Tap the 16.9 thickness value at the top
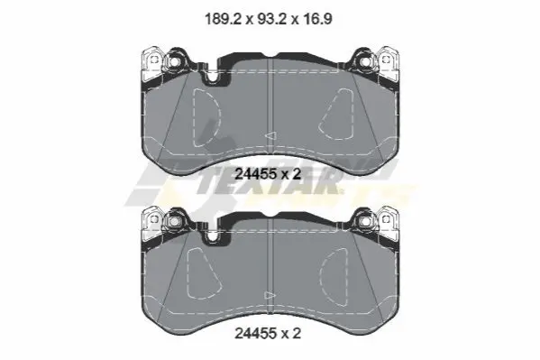[x=318, y=19]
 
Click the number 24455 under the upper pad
[x=255, y=174]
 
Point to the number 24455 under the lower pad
[x=255, y=333]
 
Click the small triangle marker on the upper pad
[x=270, y=136]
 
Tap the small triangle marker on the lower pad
[x=270, y=296]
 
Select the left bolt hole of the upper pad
[x=174, y=62]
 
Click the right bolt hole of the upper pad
[x=365, y=62]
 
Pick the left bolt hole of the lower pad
[x=174, y=221]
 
